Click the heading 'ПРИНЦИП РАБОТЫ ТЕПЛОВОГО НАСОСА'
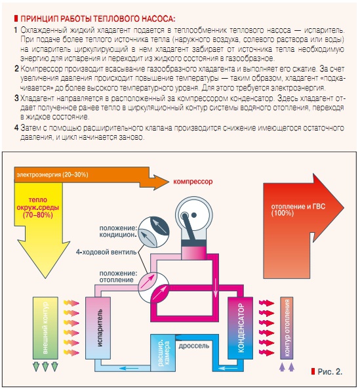pyautogui.click(x=98, y=19)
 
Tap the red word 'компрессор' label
pyautogui.click(x=193, y=182)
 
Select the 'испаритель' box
pyautogui.click(x=98, y=328)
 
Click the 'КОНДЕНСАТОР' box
pyautogui.click(x=241, y=328)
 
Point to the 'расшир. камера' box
pyautogui.click(x=163, y=353)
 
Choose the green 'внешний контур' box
pyautogui.click(x=45, y=328)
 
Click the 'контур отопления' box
pyautogui.click(x=287, y=328)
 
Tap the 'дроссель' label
pyautogui.click(x=194, y=346)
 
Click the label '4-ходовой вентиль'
pyautogui.click(x=106, y=252)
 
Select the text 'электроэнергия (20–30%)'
pyautogui.click(x=52, y=175)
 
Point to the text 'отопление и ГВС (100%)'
pyautogui.click(x=298, y=210)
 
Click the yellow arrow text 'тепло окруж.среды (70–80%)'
pyautogui.click(x=38, y=207)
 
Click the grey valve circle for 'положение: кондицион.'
pyautogui.click(x=154, y=232)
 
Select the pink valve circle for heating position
pyautogui.click(x=154, y=287)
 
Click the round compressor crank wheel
pyautogui.click(x=194, y=215)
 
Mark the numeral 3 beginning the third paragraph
pyautogui.click(x=16, y=98)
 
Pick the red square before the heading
pyautogui.click(x=16, y=19)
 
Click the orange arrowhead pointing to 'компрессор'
pyautogui.click(x=159, y=182)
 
